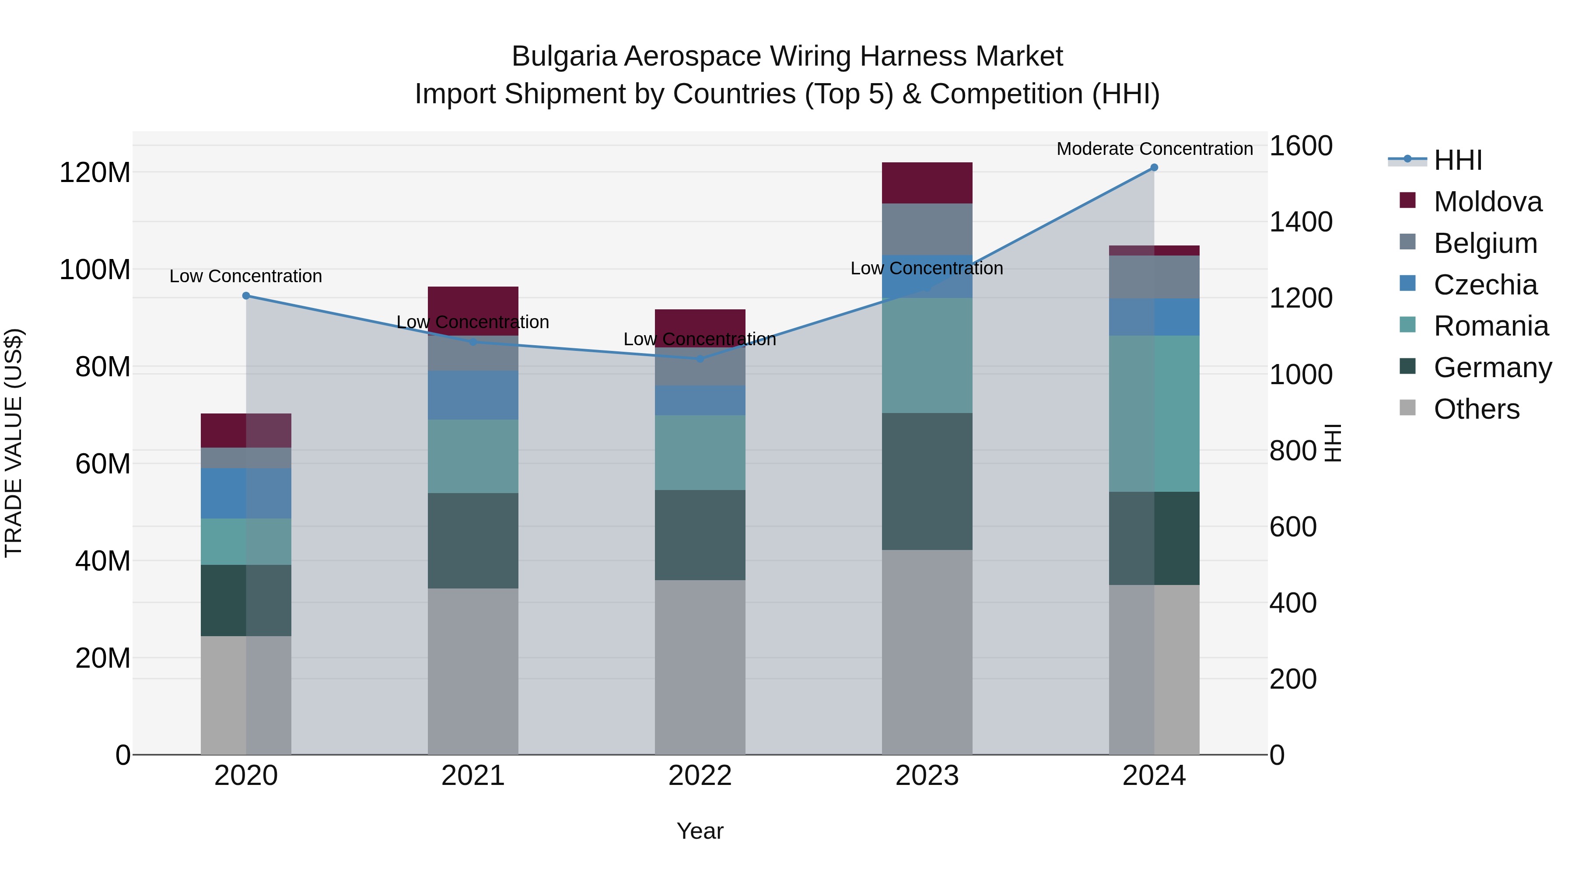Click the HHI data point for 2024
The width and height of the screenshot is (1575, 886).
[1154, 168]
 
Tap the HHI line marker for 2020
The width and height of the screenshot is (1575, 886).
[246, 296]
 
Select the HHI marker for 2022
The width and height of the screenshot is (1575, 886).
[700, 359]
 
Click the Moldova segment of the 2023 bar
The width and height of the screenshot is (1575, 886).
[927, 183]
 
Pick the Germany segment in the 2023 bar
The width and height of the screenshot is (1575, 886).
[927, 481]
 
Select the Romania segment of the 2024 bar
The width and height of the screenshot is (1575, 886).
[1154, 413]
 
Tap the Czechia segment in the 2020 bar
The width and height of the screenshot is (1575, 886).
[246, 494]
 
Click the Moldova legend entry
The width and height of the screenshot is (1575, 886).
[1487, 202]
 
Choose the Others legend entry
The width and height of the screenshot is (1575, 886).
[1476, 409]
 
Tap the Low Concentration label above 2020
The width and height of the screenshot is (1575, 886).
[246, 277]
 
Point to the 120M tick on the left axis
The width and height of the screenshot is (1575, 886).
[95, 172]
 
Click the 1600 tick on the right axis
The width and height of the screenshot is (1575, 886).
[1301, 146]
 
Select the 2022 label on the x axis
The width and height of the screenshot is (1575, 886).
[700, 776]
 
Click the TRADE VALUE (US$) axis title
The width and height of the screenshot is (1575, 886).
[14, 443]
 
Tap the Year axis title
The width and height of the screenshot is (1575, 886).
[700, 831]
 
